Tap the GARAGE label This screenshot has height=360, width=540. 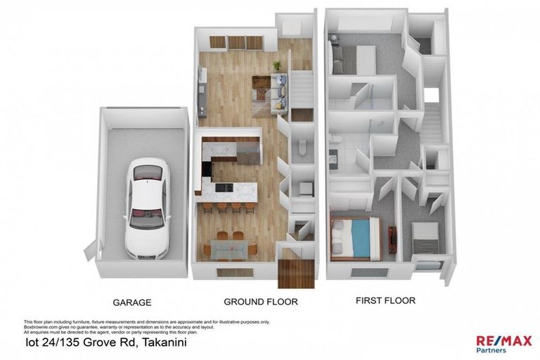[131, 303]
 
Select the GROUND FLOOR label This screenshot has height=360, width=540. [260, 302]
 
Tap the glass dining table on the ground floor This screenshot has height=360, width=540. [228, 247]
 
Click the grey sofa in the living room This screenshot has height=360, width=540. [279, 92]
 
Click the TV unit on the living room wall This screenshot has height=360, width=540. [202, 91]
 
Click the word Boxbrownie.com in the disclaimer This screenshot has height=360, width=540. [37, 327]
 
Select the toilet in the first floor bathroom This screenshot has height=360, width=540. [336, 139]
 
